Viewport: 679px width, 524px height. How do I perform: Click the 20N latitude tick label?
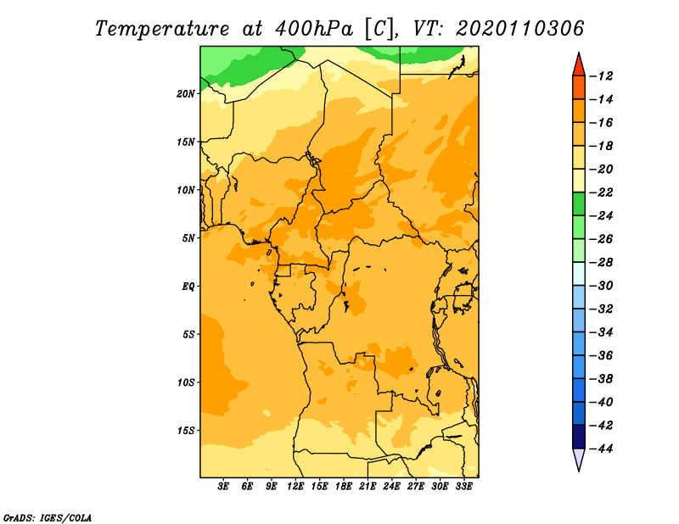(x=185, y=94)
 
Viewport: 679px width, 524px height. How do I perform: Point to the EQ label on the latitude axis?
(x=188, y=287)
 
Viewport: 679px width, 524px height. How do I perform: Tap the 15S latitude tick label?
(x=185, y=431)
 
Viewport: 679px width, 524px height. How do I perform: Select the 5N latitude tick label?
(x=188, y=238)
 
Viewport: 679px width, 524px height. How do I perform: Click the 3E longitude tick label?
(x=223, y=487)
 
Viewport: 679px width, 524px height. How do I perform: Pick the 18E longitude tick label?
(x=344, y=487)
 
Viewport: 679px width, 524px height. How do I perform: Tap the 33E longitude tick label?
(x=463, y=487)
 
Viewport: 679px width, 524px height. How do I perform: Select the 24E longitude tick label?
(x=391, y=487)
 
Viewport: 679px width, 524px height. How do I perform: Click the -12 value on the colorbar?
(x=601, y=76)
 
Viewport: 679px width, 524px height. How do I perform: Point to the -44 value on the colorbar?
(x=601, y=449)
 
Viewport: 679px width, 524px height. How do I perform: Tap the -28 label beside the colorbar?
(x=601, y=263)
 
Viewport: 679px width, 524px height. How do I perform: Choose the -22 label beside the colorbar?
(x=601, y=192)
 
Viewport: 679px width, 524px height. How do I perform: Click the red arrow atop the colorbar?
(x=579, y=66)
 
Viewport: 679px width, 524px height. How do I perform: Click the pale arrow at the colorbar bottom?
(x=579, y=458)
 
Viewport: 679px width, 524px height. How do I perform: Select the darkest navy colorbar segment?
(x=579, y=437)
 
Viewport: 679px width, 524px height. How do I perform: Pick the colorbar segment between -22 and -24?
(x=579, y=204)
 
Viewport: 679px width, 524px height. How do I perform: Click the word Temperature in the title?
(x=162, y=29)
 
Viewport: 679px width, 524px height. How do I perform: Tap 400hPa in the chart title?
(x=314, y=29)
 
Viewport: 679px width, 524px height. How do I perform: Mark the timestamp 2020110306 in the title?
(x=520, y=29)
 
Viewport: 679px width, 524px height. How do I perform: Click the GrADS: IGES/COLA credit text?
(x=48, y=518)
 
